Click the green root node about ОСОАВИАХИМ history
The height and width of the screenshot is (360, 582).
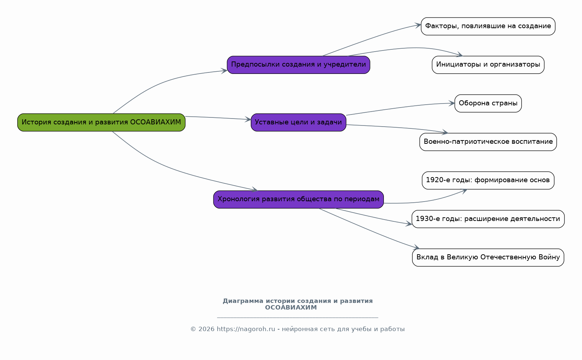pyautogui.click(x=101, y=123)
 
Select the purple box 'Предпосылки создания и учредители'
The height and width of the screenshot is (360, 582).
pyautogui.click(x=299, y=65)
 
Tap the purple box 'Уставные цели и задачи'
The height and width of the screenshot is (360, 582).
pyautogui.click(x=299, y=123)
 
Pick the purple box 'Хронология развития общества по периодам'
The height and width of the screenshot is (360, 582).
pyautogui.click(x=299, y=199)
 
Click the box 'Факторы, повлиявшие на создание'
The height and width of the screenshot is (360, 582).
pyautogui.click(x=488, y=26)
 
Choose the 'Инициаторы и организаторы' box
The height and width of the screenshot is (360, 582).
pyautogui.click(x=488, y=65)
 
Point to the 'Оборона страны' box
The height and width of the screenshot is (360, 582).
pyautogui.click(x=488, y=103)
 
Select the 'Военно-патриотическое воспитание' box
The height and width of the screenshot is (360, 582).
pyautogui.click(x=488, y=142)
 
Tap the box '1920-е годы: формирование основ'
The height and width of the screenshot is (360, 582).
pyautogui.click(x=488, y=180)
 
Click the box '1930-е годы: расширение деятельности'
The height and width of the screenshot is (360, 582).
pyautogui.click(x=488, y=219)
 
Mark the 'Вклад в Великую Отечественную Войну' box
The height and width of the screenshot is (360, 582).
pyautogui.click(x=488, y=257)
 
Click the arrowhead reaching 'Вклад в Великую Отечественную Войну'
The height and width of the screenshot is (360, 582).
pyautogui.click(x=416, y=247)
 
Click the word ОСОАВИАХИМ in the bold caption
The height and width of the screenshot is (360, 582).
pyautogui.click(x=291, y=307)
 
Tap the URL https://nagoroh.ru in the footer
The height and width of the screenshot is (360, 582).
pyautogui.click(x=246, y=329)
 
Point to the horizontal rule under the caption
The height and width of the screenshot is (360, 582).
pyautogui.click(x=298, y=318)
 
